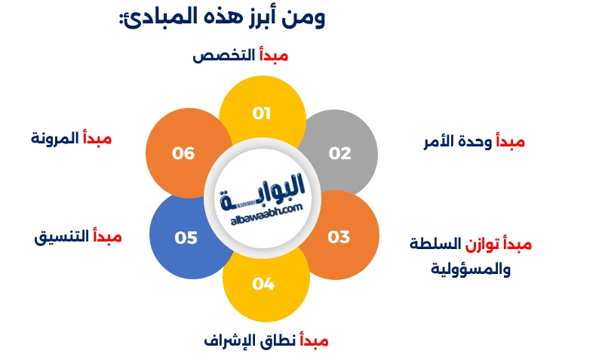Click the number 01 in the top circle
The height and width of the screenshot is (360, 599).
click(262, 114)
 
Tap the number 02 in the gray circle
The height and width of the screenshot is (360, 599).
click(340, 153)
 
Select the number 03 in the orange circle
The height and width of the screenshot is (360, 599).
click(339, 237)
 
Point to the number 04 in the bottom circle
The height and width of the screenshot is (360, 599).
click(263, 285)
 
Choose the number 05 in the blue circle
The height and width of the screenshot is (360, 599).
click(186, 238)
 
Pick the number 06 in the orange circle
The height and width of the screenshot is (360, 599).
click(183, 153)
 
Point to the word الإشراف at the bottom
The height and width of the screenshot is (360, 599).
click(229, 340)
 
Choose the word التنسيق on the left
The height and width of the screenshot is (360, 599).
click(62, 237)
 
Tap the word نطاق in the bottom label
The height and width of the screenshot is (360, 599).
click(278, 340)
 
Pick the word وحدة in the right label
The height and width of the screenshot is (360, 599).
click(475, 141)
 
